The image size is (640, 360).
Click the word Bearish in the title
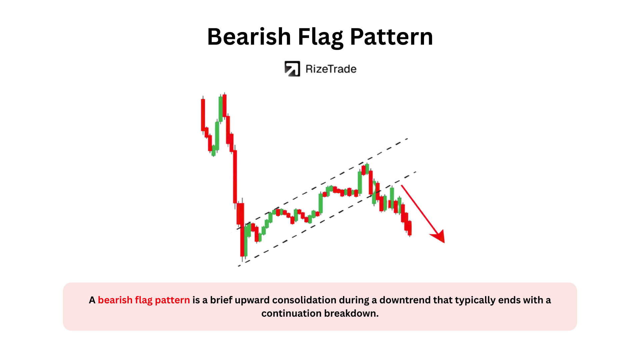249,36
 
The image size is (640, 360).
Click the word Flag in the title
320,38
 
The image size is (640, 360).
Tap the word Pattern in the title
391,36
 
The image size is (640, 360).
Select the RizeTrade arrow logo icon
292,69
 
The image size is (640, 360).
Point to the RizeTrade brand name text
331,69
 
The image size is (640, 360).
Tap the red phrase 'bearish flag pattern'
144,300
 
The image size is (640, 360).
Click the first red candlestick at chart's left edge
203,115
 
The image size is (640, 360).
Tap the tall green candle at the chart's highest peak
221,109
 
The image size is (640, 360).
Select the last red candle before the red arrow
410,228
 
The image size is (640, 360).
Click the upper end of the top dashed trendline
408,138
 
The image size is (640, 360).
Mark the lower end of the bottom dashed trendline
239,266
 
